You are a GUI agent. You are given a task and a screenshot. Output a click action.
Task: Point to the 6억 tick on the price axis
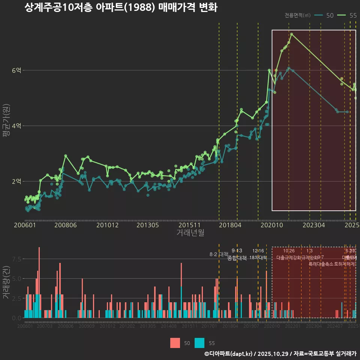(17, 70)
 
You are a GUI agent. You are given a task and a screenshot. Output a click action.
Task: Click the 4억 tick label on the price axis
(17, 126)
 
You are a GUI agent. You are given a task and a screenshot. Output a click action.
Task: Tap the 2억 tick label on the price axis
(17, 181)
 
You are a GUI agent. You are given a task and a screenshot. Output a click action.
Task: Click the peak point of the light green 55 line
(291, 34)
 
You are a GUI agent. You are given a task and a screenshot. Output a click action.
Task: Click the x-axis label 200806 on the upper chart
(66, 225)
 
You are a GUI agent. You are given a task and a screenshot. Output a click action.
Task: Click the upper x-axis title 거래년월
(190, 233)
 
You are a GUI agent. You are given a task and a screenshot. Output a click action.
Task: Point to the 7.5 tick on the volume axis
(17, 259)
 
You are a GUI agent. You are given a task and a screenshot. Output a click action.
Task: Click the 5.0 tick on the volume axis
(17, 279)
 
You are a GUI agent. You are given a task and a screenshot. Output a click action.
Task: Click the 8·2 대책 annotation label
(219, 254)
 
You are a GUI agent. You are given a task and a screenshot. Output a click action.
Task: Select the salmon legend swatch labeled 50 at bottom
(175, 343)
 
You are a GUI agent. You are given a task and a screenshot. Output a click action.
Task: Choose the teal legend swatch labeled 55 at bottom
(199, 343)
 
